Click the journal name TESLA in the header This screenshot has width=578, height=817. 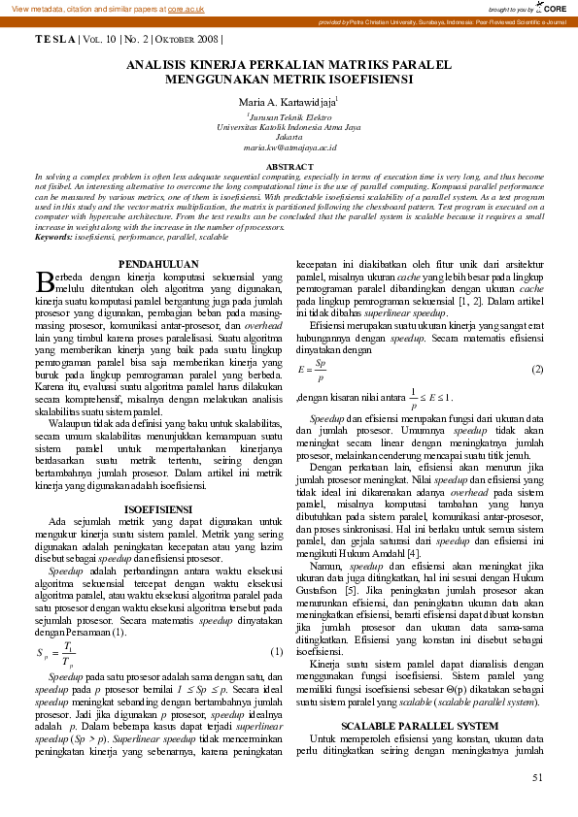(x=54, y=40)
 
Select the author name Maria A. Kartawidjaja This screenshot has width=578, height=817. (x=288, y=100)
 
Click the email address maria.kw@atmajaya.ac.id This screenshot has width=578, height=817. (x=289, y=147)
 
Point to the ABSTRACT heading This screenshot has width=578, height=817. (x=289, y=168)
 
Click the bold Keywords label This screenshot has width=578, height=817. (x=53, y=237)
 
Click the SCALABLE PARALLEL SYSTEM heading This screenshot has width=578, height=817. (x=419, y=725)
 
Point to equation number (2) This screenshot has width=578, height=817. (x=537, y=370)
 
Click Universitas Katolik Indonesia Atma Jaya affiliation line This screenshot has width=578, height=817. (x=289, y=127)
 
